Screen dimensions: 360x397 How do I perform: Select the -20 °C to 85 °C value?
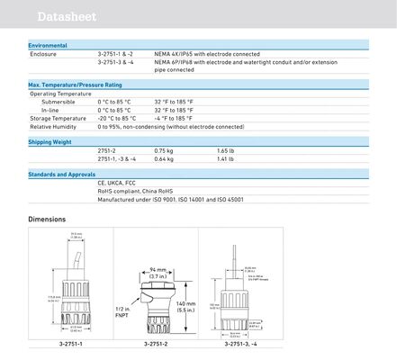point(116,118)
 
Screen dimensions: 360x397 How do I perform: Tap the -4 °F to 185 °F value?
point(172,118)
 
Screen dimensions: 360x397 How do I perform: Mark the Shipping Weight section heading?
point(52,141)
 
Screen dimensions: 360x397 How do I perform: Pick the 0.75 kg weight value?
point(163,150)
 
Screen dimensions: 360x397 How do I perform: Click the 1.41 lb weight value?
point(226,158)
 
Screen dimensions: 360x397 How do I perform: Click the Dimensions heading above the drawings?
point(47,219)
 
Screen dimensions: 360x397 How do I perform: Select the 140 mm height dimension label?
point(187,307)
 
